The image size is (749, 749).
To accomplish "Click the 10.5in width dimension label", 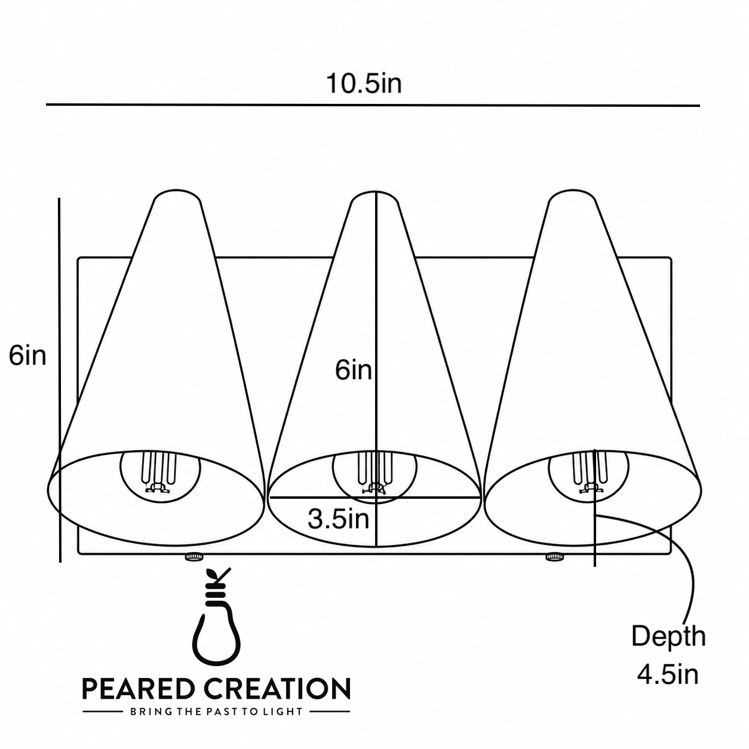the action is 364,83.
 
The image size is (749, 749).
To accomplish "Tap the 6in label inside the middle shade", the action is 354,370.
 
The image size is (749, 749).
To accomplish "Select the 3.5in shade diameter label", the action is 338,518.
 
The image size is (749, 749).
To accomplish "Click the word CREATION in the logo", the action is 278,688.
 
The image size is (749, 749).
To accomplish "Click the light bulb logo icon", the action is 216,624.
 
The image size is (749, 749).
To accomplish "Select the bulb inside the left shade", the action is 160,474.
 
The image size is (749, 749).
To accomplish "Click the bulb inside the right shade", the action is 588,474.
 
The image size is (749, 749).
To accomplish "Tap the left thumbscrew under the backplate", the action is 193,557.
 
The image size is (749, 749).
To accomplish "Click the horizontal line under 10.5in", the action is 373,105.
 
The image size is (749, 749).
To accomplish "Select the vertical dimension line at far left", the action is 60,380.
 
